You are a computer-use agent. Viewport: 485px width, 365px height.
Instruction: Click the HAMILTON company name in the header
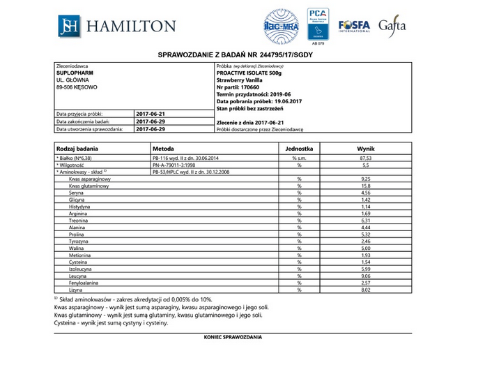132,27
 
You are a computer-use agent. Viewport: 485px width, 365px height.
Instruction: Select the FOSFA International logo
353,26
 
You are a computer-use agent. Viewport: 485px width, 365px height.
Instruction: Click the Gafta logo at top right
392,27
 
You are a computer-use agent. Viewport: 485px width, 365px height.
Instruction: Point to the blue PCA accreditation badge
317,25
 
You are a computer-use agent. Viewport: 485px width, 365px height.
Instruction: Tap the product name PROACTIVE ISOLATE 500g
249,72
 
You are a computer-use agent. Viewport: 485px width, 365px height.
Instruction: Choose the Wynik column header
366,149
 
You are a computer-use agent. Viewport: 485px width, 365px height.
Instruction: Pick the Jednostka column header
298,149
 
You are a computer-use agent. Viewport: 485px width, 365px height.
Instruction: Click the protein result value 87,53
366,158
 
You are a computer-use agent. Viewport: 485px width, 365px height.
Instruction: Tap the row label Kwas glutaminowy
89,186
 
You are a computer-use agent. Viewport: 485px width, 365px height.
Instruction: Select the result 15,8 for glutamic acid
366,186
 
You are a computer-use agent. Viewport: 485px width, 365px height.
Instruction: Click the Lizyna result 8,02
366,289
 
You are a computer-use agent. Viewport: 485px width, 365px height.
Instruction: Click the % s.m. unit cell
298,158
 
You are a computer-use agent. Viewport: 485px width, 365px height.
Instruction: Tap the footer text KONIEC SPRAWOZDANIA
233,337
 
